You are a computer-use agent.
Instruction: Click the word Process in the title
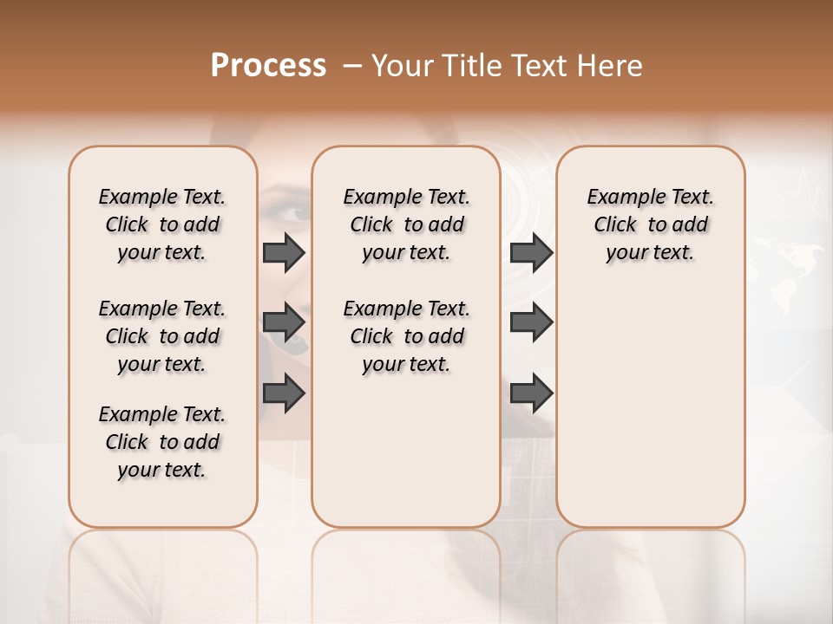tap(268, 66)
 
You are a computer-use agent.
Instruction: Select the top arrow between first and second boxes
tap(284, 252)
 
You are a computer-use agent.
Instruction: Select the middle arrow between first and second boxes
tap(284, 322)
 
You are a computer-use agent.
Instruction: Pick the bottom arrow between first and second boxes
tap(284, 393)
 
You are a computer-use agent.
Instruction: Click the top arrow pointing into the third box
tap(531, 252)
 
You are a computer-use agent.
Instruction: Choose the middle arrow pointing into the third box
tap(531, 322)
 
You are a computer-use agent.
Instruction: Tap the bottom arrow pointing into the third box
tap(531, 393)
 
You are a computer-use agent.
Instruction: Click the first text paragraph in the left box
tap(162, 224)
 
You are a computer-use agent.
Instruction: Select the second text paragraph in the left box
tap(162, 336)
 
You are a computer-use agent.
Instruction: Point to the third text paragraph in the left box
tap(162, 442)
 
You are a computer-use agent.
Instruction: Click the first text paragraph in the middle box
tap(406, 224)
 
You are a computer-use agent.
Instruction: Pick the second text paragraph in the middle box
tap(406, 336)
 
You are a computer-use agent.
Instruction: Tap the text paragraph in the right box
tap(650, 224)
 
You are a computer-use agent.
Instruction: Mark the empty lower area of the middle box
tap(406, 459)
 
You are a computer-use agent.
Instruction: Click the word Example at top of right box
tap(619, 198)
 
